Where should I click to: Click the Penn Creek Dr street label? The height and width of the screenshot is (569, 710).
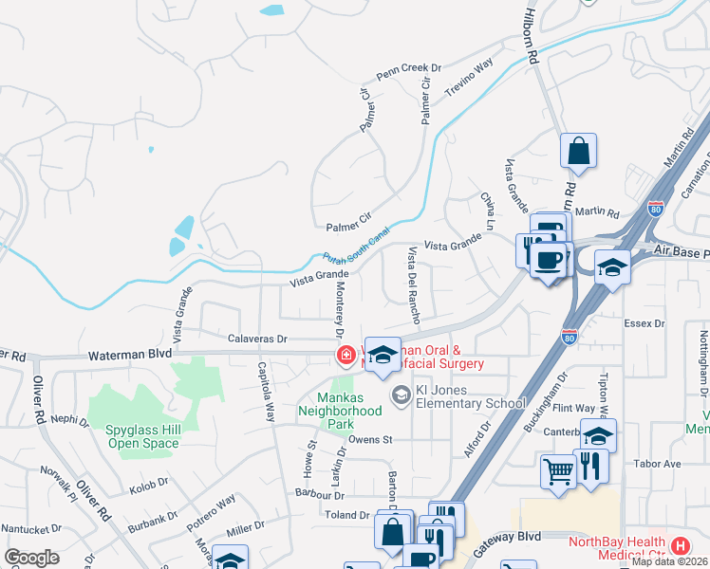click(409, 70)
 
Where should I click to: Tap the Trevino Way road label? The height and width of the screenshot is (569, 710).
click(472, 73)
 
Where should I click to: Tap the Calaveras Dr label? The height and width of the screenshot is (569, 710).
click(257, 339)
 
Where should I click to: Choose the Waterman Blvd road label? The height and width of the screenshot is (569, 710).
click(130, 354)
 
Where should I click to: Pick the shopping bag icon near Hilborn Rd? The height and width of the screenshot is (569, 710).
click(578, 152)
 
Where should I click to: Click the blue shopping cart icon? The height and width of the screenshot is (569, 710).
click(558, 470)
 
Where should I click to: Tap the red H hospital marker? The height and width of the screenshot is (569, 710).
click(680, 546)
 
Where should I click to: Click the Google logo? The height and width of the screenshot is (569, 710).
click(31, 557)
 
